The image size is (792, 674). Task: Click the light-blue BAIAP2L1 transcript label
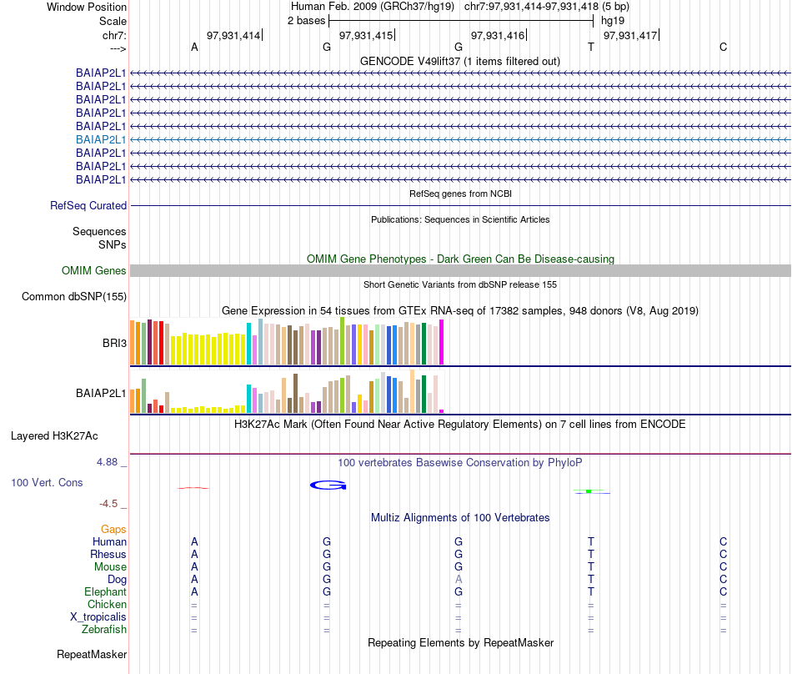101,139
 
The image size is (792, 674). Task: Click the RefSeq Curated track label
88,205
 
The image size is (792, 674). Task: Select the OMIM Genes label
94,270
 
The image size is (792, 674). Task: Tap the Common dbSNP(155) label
74,296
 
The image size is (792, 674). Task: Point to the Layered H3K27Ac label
54,435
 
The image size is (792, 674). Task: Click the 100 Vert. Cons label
47,482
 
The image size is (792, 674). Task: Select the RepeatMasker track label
92,654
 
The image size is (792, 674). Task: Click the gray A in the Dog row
459,579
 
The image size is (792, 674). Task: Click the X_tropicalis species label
98,616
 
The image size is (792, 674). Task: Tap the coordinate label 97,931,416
498,35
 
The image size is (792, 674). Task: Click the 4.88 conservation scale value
110,460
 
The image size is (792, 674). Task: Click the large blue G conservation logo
328,485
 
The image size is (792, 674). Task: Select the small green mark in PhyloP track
589,491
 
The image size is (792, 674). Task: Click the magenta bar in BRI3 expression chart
442,342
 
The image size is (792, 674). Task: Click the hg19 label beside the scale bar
613,20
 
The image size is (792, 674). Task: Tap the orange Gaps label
113,529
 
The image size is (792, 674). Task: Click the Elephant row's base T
591,591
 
